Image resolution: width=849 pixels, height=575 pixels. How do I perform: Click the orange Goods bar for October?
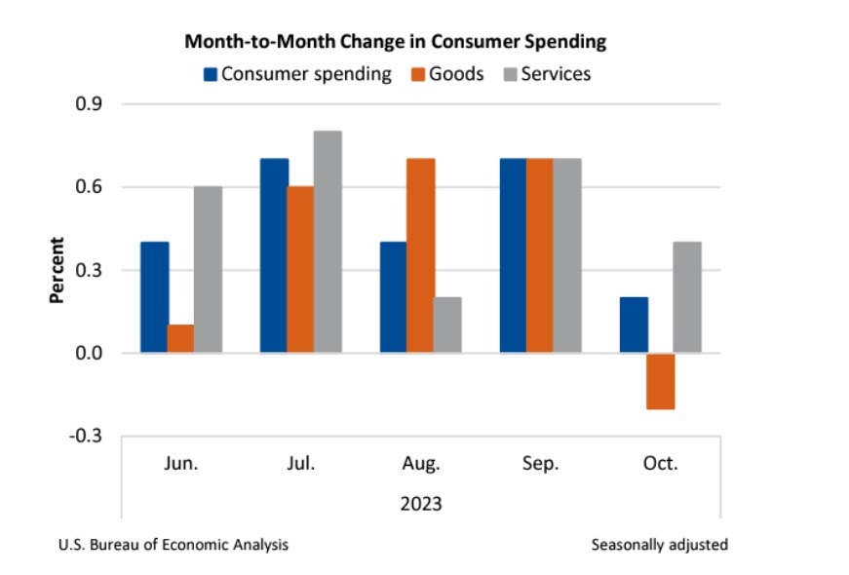click(660, 381)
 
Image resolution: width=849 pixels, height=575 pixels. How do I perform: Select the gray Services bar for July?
click(328, 242)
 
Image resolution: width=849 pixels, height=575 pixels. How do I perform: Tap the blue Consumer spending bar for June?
click(155, 297)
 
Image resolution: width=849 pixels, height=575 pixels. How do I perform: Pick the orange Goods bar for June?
click(181, 338)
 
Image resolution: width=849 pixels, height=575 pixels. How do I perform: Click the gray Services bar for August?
click(447, 325)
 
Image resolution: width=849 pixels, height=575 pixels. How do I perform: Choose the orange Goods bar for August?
click(421, 255)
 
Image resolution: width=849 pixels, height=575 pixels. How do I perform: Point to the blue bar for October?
click(634, 325)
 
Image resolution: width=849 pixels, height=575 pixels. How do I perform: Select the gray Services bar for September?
click(567, 255)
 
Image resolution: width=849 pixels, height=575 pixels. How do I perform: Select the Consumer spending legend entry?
click(297, 73)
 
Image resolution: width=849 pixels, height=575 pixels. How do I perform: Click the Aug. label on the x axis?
click(421, 464)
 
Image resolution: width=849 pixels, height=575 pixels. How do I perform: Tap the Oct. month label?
click(660, 464)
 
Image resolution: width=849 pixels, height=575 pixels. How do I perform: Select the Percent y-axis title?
click(57, 270)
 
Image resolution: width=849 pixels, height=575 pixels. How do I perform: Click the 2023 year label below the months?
click(421, 504)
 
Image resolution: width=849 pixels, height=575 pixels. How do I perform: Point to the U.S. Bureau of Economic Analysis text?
click(174, 545)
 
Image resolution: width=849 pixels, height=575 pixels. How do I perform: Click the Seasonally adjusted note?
click(659, 545)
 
